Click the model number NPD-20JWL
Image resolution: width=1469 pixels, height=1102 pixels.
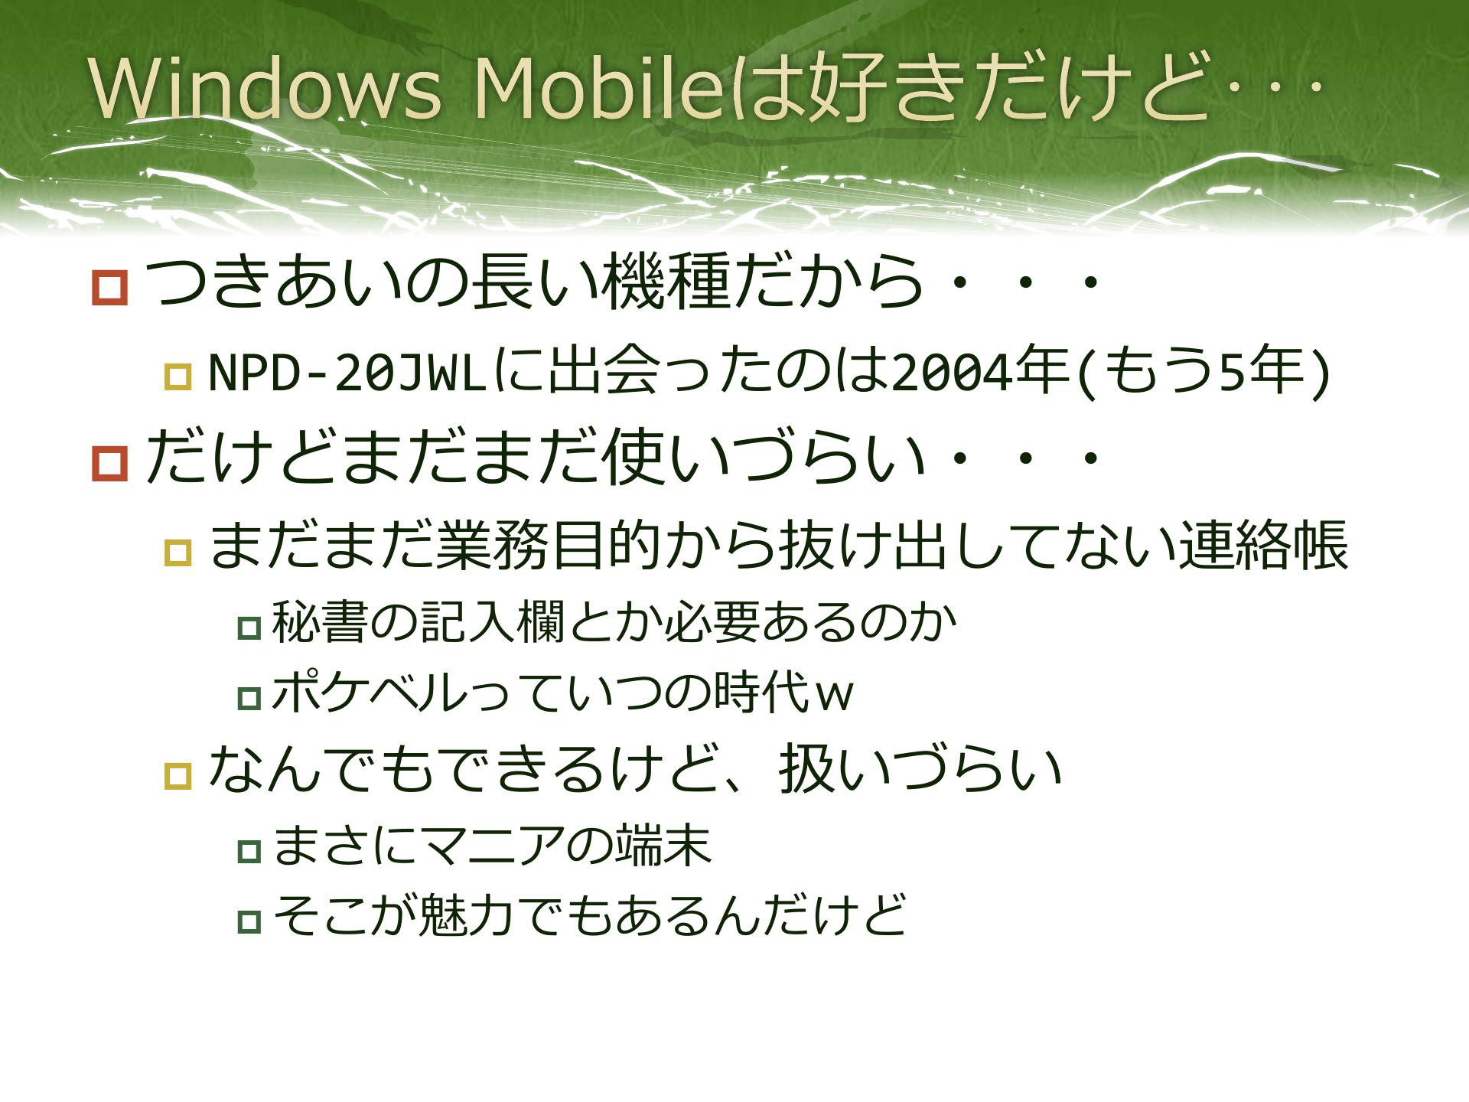pyautogui.click(x=348, y=373)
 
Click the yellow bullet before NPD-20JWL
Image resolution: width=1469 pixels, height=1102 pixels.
pyautogui.click(x=178, y=377)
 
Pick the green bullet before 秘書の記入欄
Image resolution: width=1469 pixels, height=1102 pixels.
pyautogui.click(x=249, y=628)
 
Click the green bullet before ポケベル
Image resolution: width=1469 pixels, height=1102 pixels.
pyautogui.click(x=249, y=698)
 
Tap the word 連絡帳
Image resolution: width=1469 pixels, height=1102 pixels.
pyautogui.click(x=1262, y=546)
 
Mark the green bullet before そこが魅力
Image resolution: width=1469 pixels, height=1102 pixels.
pyautogui.click(x=249, y=921)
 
